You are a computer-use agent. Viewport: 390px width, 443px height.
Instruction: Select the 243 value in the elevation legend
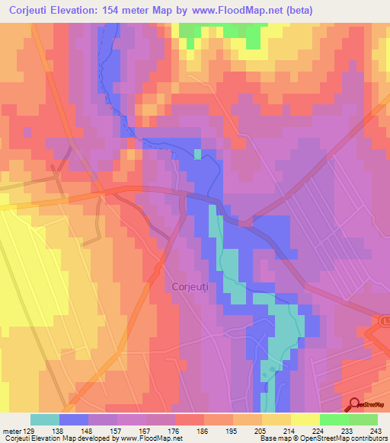[377, 430]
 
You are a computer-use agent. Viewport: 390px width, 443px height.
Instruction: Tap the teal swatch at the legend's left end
[45, 419]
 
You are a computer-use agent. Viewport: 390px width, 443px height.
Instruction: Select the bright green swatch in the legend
[334, 419]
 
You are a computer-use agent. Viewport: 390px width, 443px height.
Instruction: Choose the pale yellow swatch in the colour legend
[305, 419]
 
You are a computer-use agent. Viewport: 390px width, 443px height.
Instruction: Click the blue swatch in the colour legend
[74, 419]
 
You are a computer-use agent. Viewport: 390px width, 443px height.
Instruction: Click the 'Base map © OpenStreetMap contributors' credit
[323, 439]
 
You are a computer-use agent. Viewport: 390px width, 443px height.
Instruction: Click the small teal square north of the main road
[198, 155]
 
